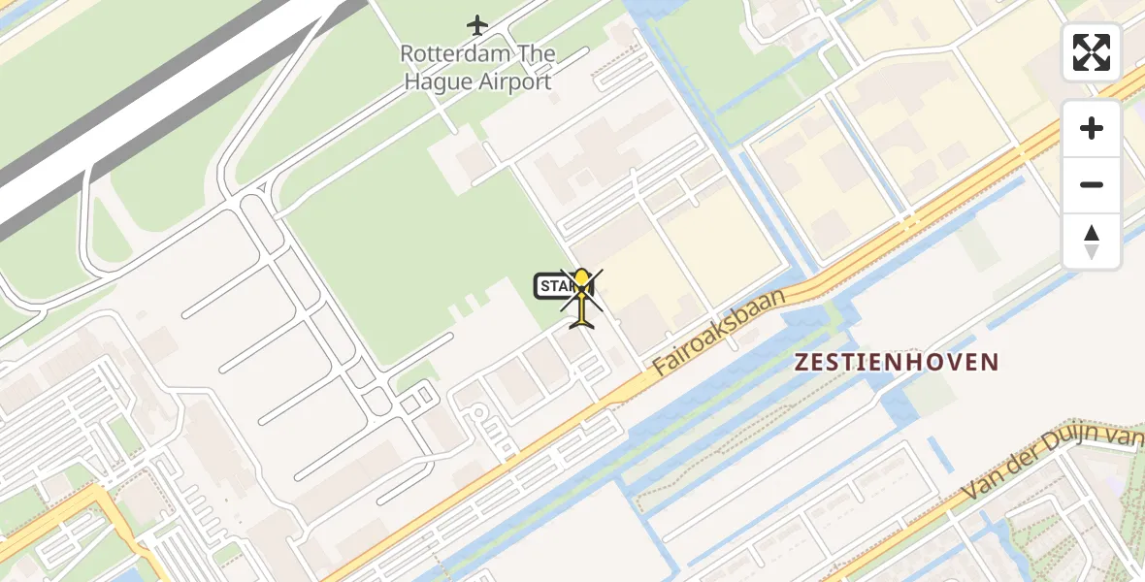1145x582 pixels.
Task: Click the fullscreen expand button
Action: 1092,52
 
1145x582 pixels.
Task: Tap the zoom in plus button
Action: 1092,128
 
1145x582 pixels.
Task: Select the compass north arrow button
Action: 1092,241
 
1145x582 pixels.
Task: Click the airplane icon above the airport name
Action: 476,23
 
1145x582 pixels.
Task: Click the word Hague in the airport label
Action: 438,81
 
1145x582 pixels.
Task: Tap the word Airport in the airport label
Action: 514,81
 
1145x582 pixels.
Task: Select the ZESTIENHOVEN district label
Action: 897,363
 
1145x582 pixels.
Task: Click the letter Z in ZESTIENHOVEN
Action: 801,363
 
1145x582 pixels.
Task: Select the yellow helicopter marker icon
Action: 582,296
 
